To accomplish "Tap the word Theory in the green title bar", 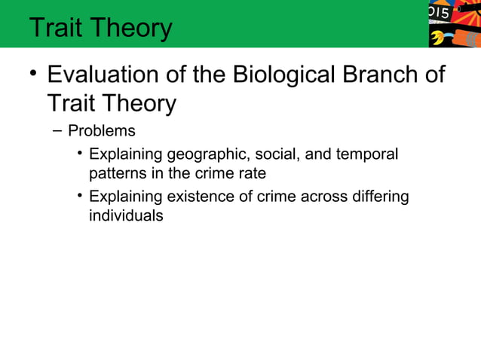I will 135,28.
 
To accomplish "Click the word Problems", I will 102,131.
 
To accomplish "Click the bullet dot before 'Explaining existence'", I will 79,197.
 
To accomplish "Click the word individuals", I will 126,215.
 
